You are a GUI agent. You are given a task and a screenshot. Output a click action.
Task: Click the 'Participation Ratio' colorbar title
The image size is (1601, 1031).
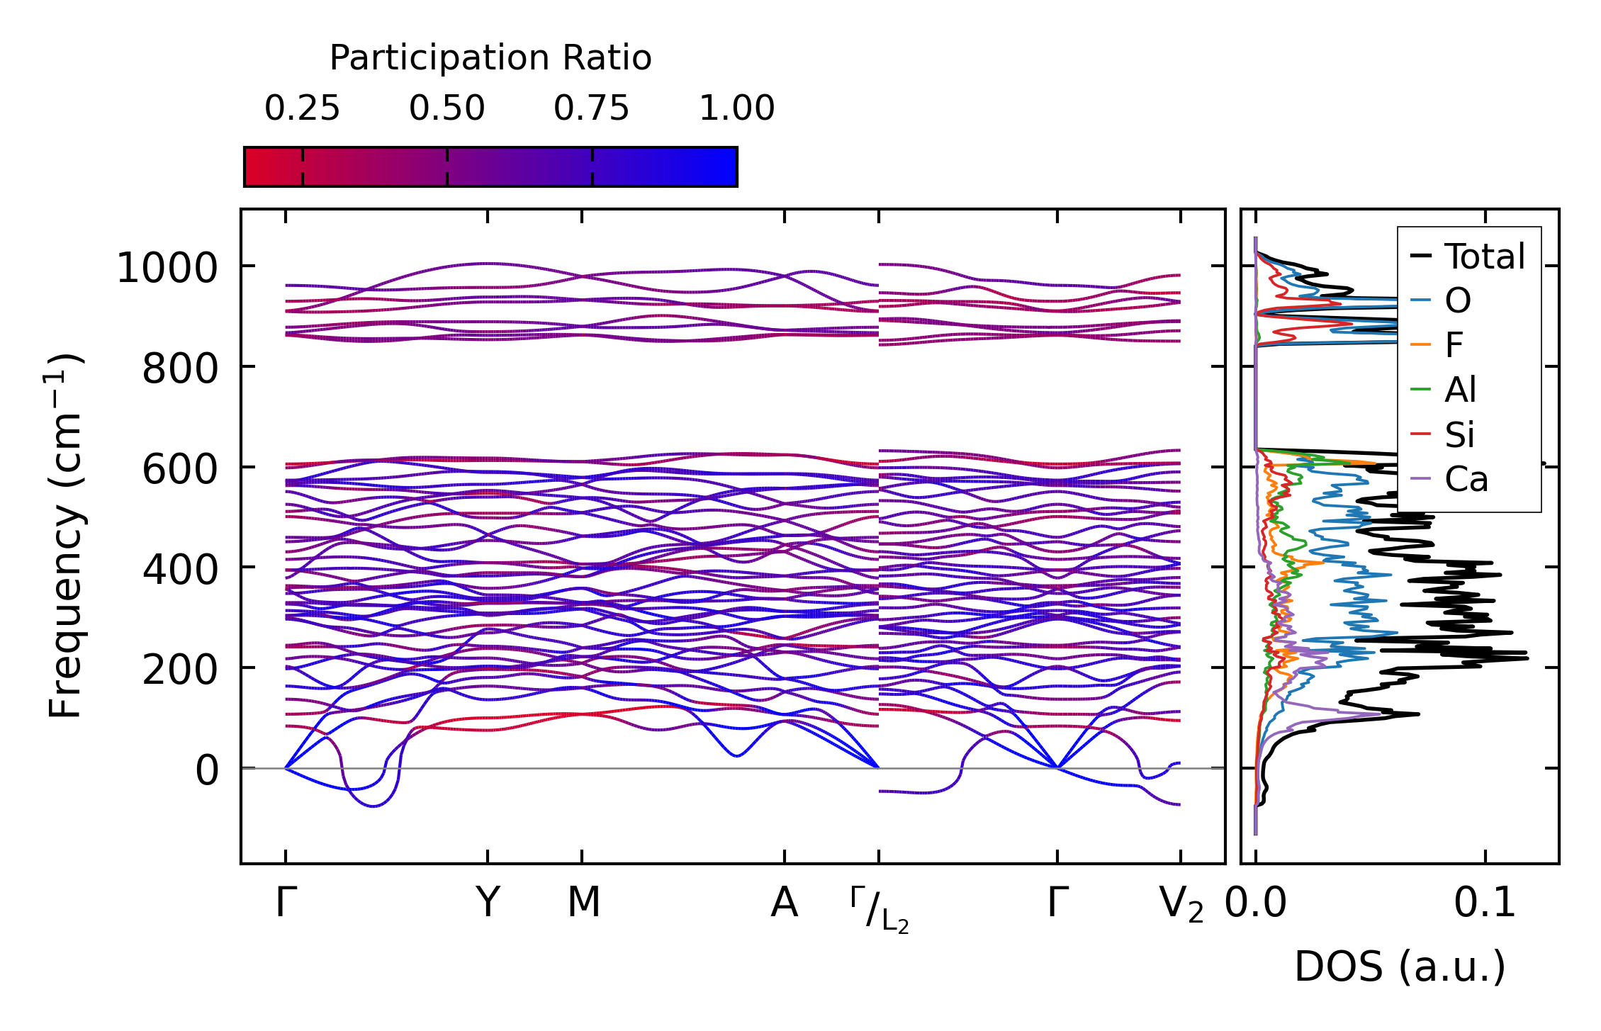pos(490,58)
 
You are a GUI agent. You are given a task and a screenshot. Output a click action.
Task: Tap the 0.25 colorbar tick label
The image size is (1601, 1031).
pos(303,109)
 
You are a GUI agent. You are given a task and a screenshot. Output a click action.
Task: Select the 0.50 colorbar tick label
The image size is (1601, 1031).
pos(447,109)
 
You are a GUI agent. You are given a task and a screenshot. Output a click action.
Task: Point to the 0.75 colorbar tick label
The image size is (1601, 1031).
pos(592,109)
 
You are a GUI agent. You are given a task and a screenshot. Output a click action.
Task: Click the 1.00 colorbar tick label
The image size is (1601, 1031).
pos(737,109)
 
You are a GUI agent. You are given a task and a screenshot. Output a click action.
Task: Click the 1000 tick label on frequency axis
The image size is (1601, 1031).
pos(167,269)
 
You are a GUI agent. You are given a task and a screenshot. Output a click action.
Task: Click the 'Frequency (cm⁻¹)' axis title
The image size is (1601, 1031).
pos(65,536)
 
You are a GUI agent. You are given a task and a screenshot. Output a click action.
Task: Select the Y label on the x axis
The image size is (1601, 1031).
pos(488,903)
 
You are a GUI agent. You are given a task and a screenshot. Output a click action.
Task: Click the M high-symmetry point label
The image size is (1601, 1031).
pos(583,903)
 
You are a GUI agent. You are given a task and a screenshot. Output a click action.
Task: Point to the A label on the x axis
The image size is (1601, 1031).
pos(785,903)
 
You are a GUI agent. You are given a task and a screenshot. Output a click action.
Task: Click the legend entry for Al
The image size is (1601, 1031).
pos(1460,390)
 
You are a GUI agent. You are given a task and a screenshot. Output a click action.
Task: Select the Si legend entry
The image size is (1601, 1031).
pos(1459,434)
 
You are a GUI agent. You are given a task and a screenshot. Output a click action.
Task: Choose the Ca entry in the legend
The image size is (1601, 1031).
pos(1466,480)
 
